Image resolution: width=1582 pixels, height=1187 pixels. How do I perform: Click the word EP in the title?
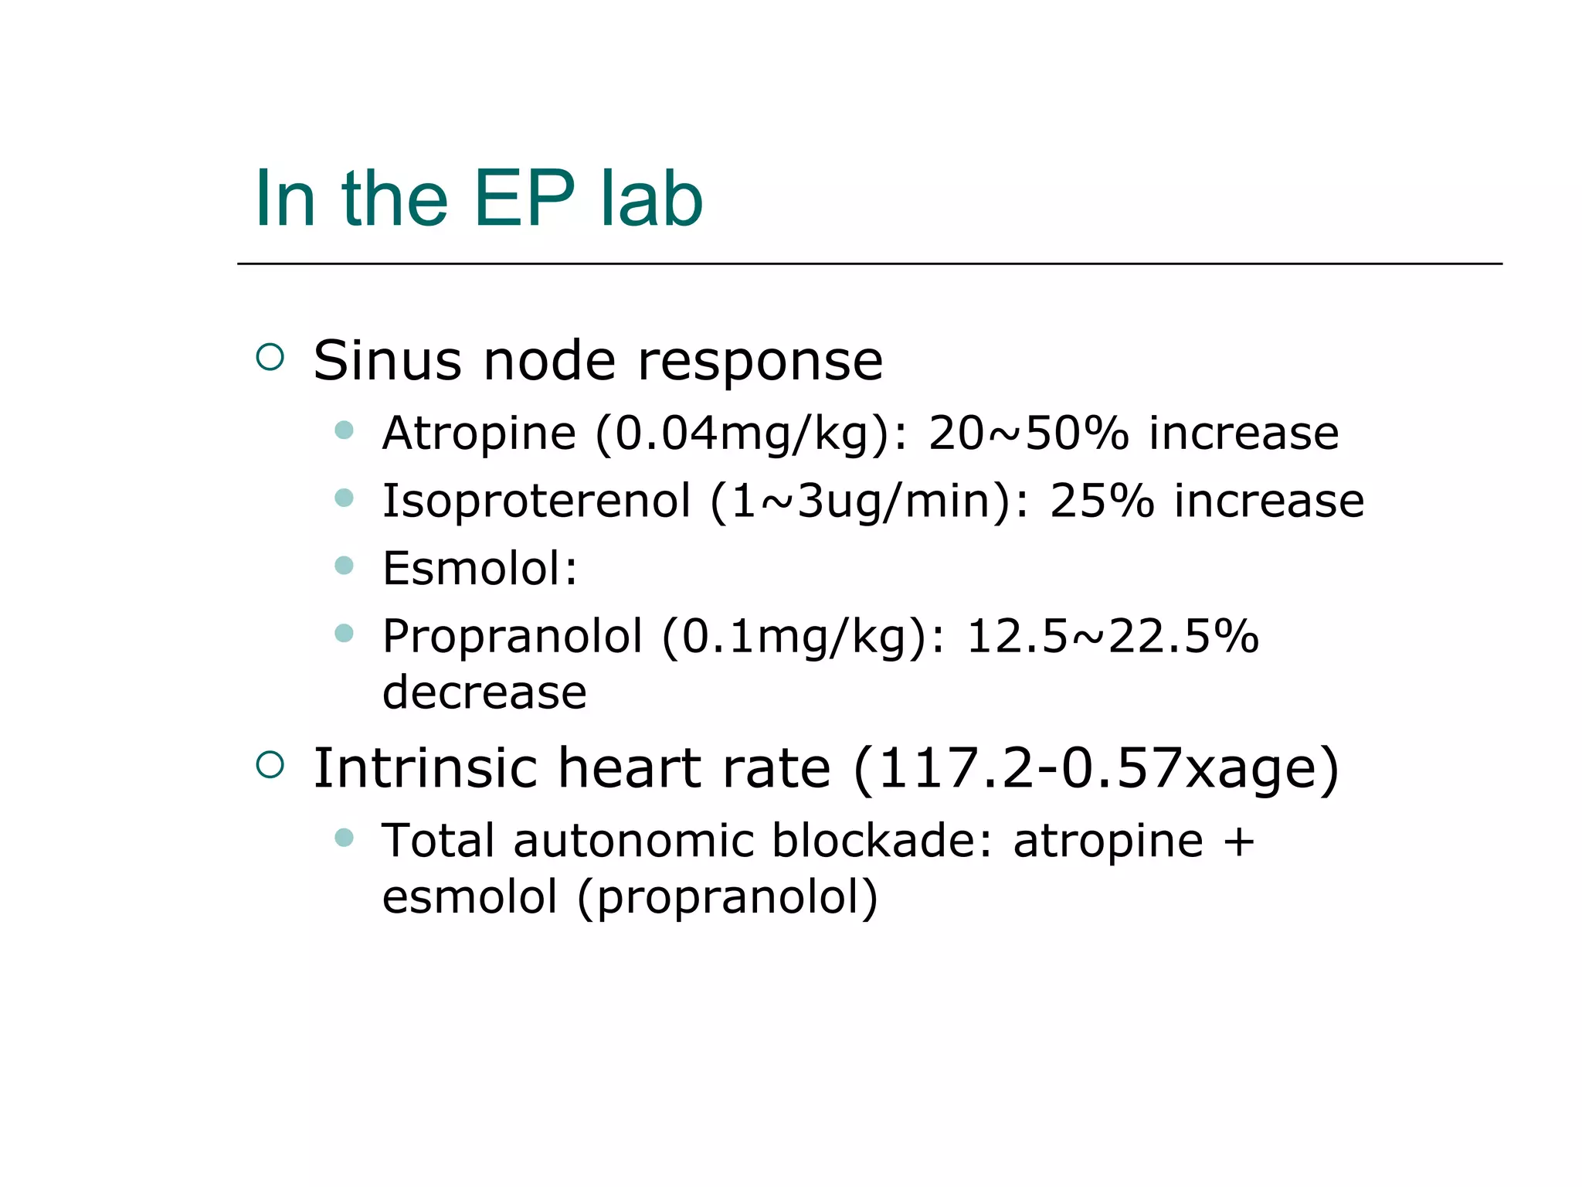point(524,199)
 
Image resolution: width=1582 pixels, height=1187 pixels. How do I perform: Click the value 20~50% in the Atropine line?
point(1028,433)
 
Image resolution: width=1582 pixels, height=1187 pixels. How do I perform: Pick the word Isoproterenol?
point(536,501)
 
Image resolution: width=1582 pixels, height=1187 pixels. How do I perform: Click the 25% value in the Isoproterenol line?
point(1102,501)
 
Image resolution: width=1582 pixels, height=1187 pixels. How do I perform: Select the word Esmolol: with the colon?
point(480,569)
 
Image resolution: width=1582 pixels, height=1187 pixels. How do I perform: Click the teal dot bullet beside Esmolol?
point(344,566)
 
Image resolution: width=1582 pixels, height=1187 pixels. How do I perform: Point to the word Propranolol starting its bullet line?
point(512,637)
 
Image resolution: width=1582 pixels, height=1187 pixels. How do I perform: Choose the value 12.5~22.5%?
point(1112,637)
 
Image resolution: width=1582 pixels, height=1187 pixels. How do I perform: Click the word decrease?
point(484,692)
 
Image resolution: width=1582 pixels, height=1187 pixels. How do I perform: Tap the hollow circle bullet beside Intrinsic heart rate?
point(270,764)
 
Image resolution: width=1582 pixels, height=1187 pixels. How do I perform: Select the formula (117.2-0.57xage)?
point(1096,768)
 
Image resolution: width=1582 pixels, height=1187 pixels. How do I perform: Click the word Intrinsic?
point(424,768)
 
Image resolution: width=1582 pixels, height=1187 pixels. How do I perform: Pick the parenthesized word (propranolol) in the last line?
point(727,897)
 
